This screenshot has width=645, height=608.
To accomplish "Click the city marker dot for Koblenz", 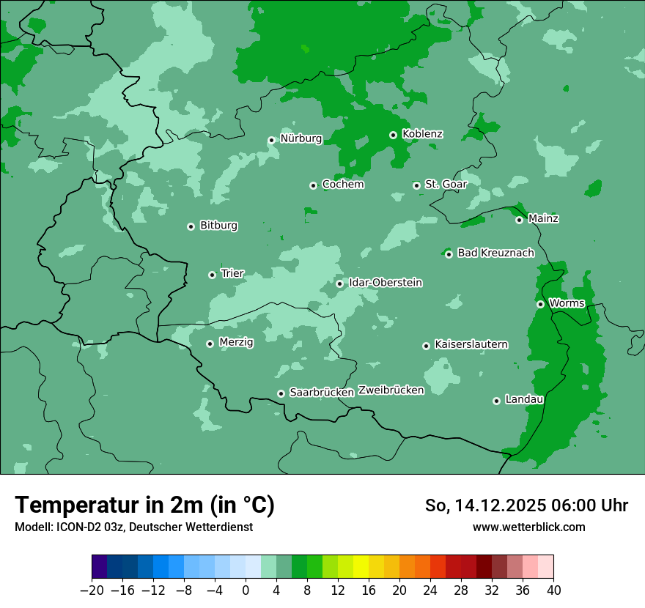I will pos(394,135).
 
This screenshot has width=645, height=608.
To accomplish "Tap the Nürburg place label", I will pos(301,138).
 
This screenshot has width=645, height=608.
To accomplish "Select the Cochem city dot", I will pos(313,185).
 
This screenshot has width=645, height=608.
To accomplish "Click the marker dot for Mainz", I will pos(519,220).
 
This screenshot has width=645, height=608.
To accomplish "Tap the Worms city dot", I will pos(540,304).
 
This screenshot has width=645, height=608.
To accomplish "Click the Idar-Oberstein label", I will pos(385,282).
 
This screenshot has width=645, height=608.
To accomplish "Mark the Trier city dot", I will pos(212,275).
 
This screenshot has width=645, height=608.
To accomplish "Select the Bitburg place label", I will pos(218,226).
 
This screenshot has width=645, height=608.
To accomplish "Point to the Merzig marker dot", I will pos(210,344).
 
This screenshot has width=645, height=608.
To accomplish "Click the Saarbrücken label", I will pos(322,393).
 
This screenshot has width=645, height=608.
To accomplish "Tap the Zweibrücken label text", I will pos(391,390).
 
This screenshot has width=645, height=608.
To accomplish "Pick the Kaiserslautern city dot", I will pos(426,346).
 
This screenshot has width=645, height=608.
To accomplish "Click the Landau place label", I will pos(524,399).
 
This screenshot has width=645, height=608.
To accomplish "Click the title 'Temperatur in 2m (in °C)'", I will pos(144,505).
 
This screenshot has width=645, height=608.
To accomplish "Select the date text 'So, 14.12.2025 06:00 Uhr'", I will pos(526,505).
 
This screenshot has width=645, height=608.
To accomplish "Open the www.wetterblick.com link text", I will pos(528,527).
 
